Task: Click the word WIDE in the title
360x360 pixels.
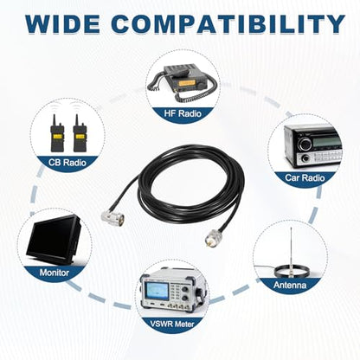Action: (x=62, y=23)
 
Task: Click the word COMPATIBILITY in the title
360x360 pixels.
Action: (x=228, y=23)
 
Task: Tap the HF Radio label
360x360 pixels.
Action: (x=183, y=113)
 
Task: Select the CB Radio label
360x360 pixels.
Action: (x=67, y=162)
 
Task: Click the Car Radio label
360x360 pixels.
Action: (x=305, y=177)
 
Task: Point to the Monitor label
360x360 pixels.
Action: (x=55, y=273)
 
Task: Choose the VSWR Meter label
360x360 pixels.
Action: (x=172, y=324)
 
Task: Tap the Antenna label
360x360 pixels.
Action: (x=290, y=285)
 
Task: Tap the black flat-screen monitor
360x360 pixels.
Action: (x=54, y=240)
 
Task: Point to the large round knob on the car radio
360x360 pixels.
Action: (x=304, y=144)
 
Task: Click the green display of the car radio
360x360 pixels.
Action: (x=326, y=142)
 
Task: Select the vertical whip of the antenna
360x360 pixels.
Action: (x=292, y=247)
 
